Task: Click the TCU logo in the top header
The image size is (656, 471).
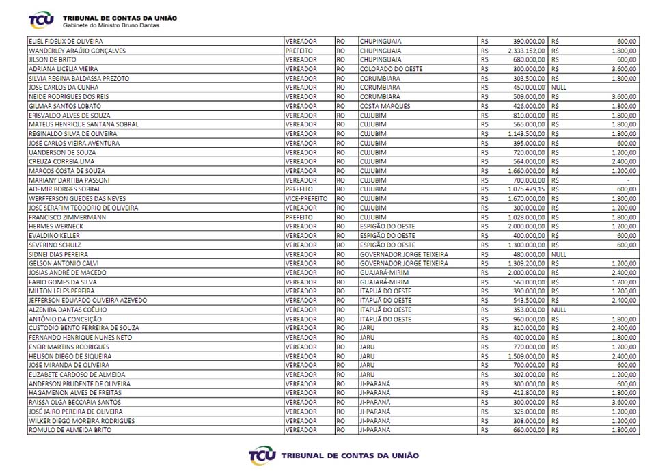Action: coord(41,19)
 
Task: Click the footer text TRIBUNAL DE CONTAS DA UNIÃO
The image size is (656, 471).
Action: coord(350,455)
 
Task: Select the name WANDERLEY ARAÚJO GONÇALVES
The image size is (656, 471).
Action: coord(77,51)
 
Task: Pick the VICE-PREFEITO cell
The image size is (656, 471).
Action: coord(306,198)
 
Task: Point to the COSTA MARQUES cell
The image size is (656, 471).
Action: coord(385,106)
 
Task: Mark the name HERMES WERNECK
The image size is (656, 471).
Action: coord(56,226)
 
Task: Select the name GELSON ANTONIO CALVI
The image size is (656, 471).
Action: coord(63,263)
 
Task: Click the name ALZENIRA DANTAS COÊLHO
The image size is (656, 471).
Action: coord(68,310)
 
